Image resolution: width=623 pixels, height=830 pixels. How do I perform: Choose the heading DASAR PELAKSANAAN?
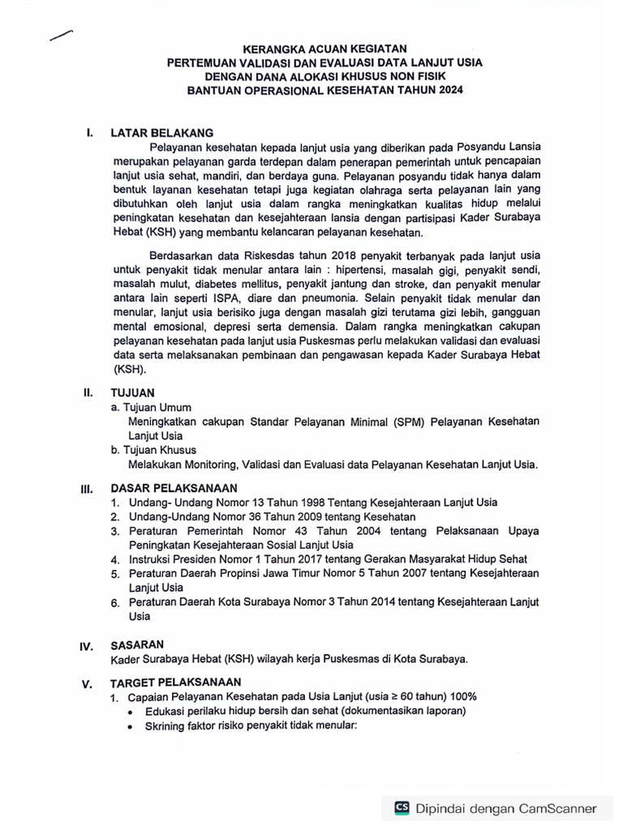coord(174,488)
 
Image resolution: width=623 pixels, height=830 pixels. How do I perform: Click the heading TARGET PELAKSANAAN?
coord(176,682)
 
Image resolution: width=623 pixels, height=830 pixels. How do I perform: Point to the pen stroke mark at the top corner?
coord(61,34)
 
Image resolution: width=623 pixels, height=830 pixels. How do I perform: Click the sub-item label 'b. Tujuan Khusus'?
coord(154,450)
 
